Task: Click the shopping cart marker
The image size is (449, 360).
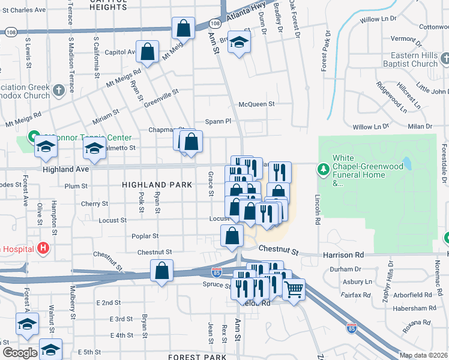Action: click(294, 290)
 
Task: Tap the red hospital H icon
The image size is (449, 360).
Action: click(43, 247)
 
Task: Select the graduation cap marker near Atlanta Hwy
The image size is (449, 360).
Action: click(239, 43)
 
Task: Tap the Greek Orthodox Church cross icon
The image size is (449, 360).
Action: click(58, 91)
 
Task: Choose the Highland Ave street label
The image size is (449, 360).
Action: click(66, 170)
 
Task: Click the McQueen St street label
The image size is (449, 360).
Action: click(256, 104)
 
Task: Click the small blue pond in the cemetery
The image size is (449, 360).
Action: click(407, 163)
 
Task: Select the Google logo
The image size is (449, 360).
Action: click(20, 353)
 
